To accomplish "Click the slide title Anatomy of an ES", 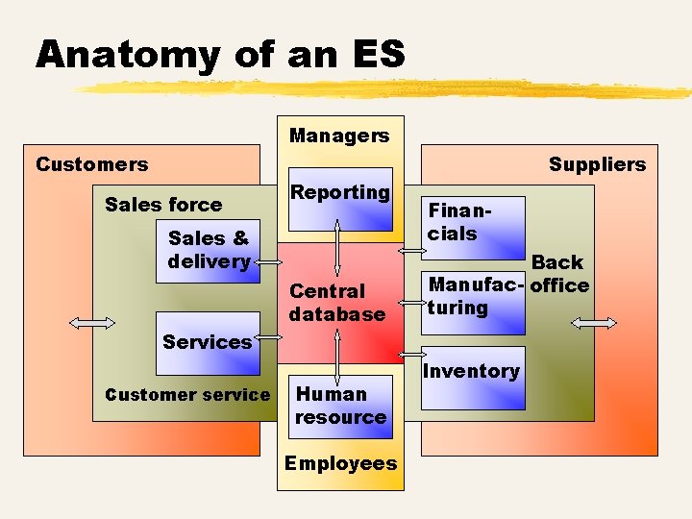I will (x=220, y=54).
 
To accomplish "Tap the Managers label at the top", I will (x=339, y=136).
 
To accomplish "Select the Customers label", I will (x=91, y=164).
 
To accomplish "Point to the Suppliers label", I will (x=597, y=164).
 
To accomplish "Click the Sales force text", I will (x=163, y=204).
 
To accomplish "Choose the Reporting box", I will (x=340, y=203).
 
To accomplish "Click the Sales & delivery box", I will (x=209, y=250).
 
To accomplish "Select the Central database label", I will (x=336, y=303).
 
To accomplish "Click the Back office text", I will (x=559, y=274).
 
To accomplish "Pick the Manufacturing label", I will (x=475, y=296).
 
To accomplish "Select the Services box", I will (x=208, y=342).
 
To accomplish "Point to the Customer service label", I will (x=187, y=394).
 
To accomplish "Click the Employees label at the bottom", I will (x=340, y=463).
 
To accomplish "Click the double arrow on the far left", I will (x=93, y=324).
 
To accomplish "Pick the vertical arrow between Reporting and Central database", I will (x=337, y=248).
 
